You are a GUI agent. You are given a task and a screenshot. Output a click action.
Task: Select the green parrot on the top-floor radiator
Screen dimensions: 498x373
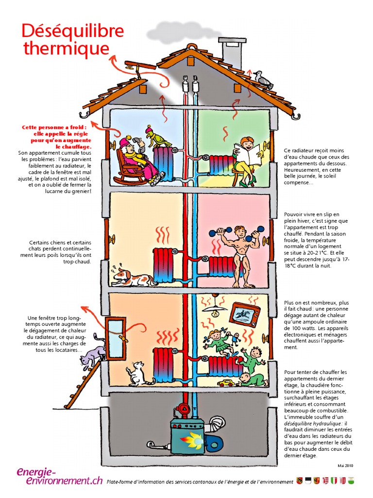[x=157, y=137]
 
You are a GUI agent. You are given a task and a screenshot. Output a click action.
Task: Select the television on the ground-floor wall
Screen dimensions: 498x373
[x=244, y=315]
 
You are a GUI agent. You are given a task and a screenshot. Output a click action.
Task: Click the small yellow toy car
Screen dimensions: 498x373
[x=226, y=383]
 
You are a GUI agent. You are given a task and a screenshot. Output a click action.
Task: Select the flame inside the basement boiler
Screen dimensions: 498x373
[x=191, y=439]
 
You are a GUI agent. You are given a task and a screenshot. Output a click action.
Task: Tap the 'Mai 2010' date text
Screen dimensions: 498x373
[x=345, y=465]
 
